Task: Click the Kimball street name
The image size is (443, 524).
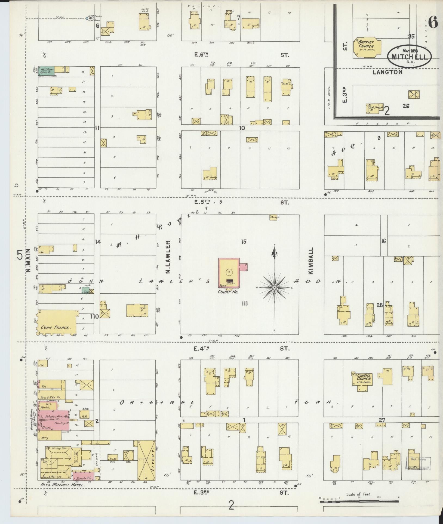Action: click(311, 260)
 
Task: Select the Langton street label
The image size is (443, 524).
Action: click(387, 72)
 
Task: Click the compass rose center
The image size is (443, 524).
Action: click(274, 287)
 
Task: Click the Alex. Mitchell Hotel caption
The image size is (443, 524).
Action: click(63, 485)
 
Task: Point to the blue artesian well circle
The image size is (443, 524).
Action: click(87, 18)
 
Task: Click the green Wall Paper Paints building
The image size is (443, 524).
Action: click(46, 71)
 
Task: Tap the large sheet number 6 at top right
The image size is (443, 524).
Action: click(433, 22)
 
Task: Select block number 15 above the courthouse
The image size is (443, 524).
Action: click(243, 241)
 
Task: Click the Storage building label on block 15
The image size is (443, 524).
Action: click(273, 217)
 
